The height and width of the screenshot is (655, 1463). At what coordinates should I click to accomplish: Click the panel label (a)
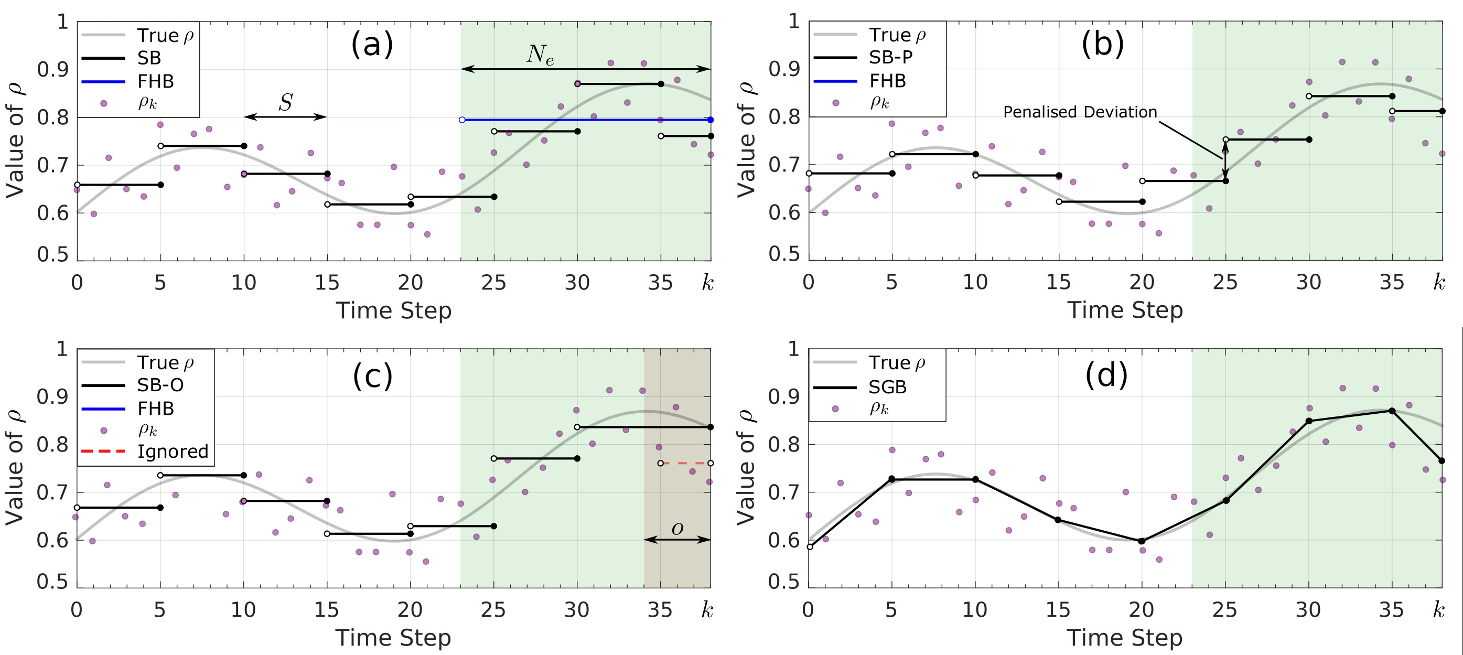point(372,44)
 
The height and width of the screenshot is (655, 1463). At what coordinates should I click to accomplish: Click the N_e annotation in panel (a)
point(540,55)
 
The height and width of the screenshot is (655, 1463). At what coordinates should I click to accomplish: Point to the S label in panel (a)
point(286,103)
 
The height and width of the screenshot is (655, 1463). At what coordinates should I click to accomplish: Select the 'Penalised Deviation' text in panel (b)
point(1080,112)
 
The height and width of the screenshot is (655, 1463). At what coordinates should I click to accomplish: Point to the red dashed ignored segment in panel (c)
point(685,464)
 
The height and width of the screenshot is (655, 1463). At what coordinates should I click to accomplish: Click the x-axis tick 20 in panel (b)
point(1142,282)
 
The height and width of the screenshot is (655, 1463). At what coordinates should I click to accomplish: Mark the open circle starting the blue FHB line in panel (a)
point(462,120)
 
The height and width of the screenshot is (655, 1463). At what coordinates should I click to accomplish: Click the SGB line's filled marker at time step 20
point(1142,541)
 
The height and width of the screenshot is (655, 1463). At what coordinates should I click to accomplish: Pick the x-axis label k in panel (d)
point(1438,610)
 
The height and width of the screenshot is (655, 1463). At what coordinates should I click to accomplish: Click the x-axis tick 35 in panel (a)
point(661,283)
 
